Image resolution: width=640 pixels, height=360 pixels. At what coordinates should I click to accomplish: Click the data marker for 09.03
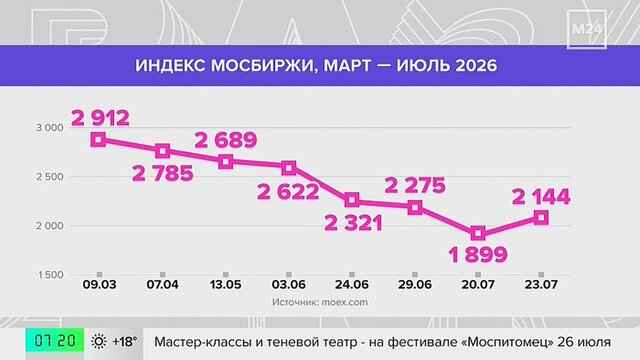98,140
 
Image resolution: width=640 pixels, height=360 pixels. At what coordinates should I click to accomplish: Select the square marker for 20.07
478,233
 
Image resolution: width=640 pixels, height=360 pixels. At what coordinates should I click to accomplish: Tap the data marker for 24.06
352,200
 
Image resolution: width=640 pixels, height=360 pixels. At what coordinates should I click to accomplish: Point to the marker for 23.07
541,218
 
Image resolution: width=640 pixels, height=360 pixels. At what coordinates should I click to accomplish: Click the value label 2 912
100,118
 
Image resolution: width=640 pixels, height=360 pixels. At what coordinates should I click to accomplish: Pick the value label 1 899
478,255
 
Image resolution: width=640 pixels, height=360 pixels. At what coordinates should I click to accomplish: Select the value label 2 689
226,140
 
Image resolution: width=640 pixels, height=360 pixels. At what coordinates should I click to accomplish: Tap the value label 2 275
415,186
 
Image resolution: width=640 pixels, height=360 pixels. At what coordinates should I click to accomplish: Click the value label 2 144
541,197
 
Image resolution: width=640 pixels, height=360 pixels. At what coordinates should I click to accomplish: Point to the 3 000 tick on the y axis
50,128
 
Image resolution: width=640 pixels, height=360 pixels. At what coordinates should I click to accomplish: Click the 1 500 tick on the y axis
51,275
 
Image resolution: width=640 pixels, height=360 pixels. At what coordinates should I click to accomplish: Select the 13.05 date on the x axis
226,284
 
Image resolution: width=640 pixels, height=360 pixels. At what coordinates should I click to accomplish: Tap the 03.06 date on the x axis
289,284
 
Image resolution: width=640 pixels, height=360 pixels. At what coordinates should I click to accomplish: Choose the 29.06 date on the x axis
415,284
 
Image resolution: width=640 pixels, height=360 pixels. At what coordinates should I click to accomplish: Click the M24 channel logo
587,29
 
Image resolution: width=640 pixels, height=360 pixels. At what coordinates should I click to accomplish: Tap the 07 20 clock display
55,340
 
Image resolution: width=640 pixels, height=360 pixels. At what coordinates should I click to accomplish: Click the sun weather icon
99,341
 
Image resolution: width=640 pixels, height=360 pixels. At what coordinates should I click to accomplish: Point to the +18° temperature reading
125,341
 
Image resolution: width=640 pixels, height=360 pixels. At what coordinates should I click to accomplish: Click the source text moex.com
344,302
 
